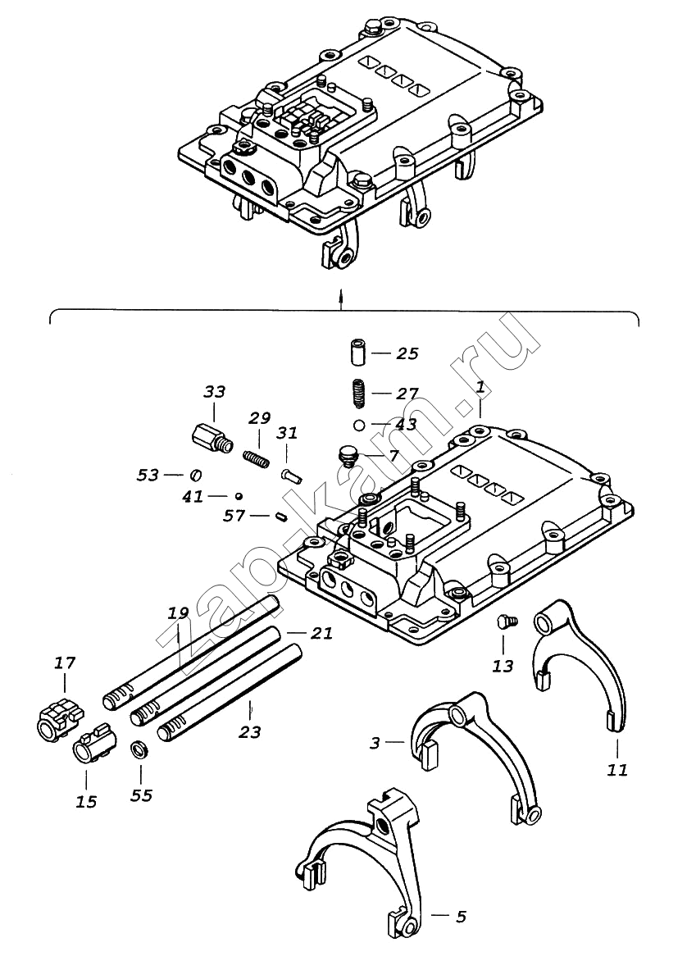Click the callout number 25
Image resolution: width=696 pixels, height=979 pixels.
[x=407, y=353]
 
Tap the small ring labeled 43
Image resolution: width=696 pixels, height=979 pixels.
[x=358, y=426]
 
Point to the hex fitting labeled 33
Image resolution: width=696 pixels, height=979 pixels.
[x=211, y=438]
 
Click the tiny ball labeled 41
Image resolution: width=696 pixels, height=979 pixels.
[x=239, y=496]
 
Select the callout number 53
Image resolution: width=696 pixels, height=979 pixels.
[x=148, y=475]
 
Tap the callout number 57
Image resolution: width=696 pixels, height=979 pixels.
[x=235, y=515]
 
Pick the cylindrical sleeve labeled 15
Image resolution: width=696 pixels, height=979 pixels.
[x=93, y=744]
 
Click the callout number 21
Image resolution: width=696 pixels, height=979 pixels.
[x=322, y=633]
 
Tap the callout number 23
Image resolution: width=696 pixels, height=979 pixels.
[x=250, y=731]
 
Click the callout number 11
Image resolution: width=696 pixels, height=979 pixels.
[x=617, y=770]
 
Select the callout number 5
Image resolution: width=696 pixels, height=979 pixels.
[x=461, y=917]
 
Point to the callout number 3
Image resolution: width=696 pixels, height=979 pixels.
[x=375, y=743]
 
